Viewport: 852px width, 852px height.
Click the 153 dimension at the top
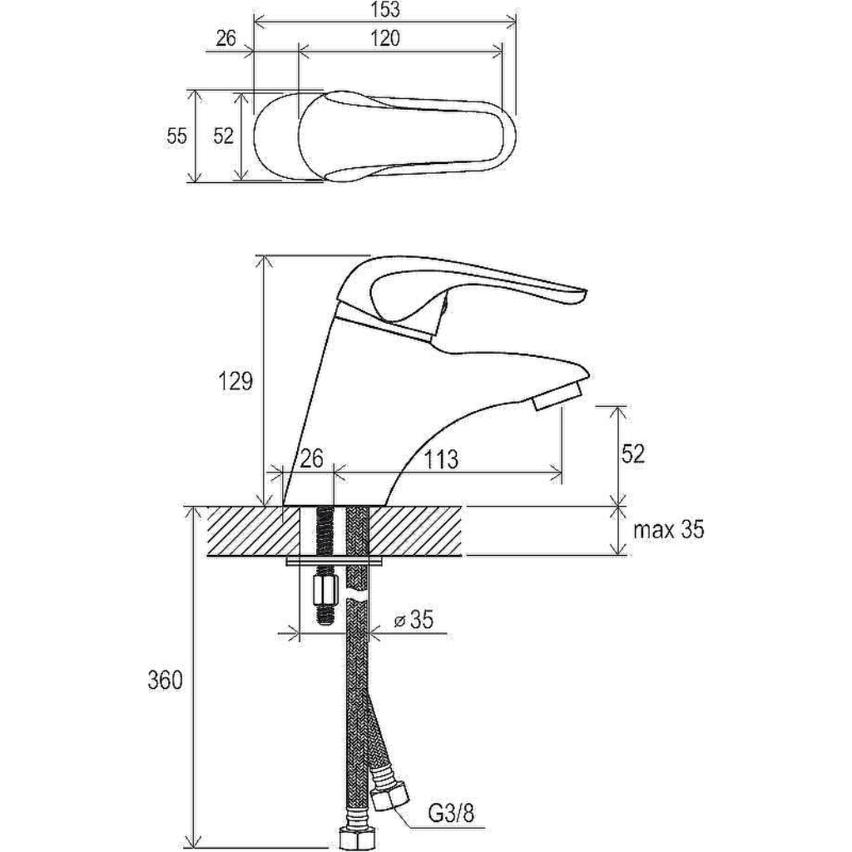click(385, 9)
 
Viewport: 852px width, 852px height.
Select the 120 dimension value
click(385, 38)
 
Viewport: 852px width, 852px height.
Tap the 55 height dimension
click(176, 136)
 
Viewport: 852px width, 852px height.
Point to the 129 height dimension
click(235, 381)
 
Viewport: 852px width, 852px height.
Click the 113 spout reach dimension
click(441, 459)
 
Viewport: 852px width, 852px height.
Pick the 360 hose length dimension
click(166, 680)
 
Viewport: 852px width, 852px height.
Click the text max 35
click(668, 529)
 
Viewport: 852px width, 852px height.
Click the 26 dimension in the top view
click(226, 38)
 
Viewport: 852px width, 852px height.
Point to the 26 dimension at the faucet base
click(312, 458)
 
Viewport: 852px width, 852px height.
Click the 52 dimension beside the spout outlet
click(632, 453)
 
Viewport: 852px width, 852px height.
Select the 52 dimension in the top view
click(223, 136)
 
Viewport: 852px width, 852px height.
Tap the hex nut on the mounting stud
click(325, 592)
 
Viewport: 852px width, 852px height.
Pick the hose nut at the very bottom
click(352, 839)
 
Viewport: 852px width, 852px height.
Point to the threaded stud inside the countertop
click(325, 531)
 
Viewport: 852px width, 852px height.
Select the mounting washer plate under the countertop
click(334, 561)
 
